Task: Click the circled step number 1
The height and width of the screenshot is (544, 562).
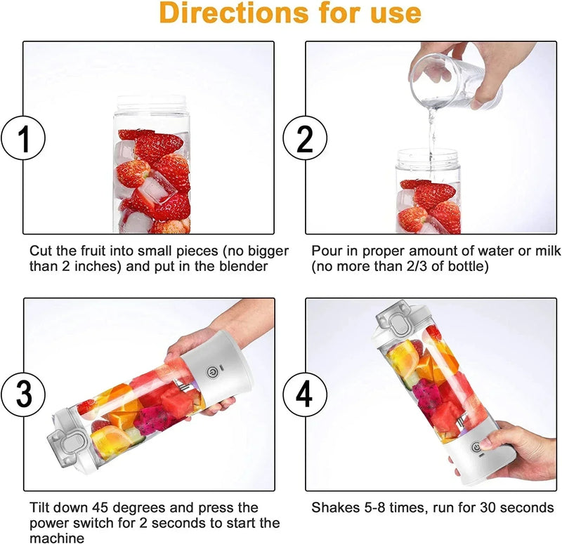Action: (24, 139)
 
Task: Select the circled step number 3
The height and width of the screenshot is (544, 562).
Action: (24, 394)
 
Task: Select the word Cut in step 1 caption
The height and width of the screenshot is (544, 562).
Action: (40, 250)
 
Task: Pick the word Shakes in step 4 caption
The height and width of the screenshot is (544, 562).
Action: (333, 507)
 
